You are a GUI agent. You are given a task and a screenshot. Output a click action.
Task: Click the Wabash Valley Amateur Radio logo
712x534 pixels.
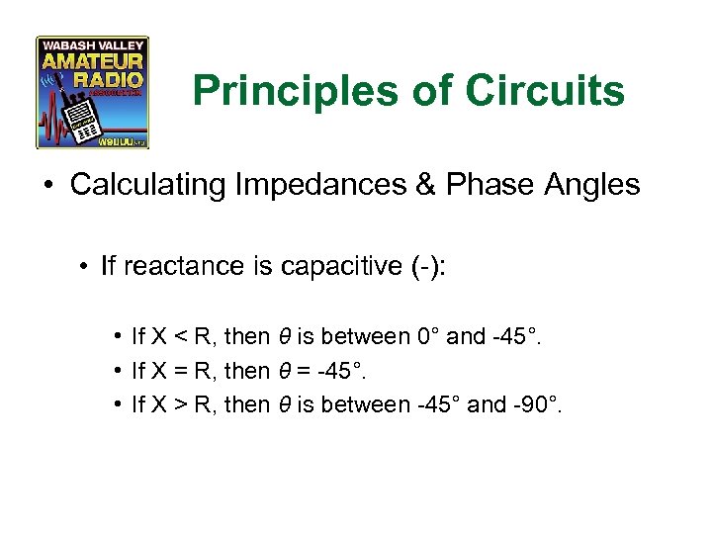pyautogui.click(x=92, y=92)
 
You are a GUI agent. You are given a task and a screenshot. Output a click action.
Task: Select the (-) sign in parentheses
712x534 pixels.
pyautogui.click(x=421, y=266)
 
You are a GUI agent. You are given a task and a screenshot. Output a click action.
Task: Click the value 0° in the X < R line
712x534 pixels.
pyautogui.click(x=426, y=337)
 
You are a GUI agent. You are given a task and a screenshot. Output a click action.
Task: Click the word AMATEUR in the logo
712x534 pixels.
pyautogui.click(x=92, y=62)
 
